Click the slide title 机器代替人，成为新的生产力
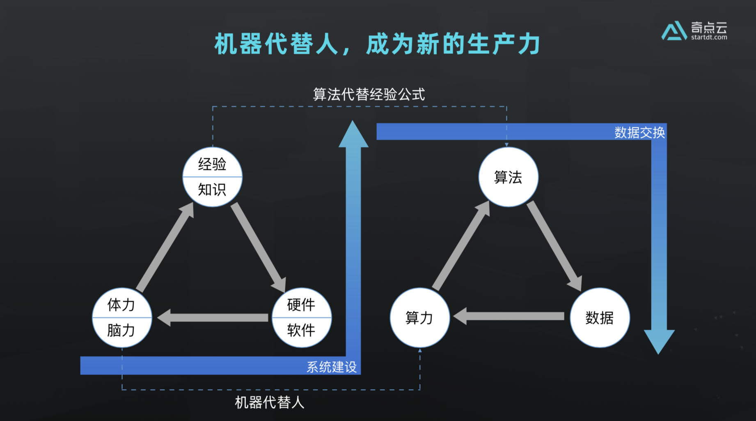377,44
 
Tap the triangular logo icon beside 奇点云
674,31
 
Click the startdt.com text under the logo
709,37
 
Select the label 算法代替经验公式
369,95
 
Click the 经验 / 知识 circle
212,177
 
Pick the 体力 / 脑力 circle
122,317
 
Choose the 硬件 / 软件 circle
302,317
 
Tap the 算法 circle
508,177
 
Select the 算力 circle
419,317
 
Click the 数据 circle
600,317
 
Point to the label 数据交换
639,132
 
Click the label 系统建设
332,367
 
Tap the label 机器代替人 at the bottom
269,402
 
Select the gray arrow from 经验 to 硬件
258,247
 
